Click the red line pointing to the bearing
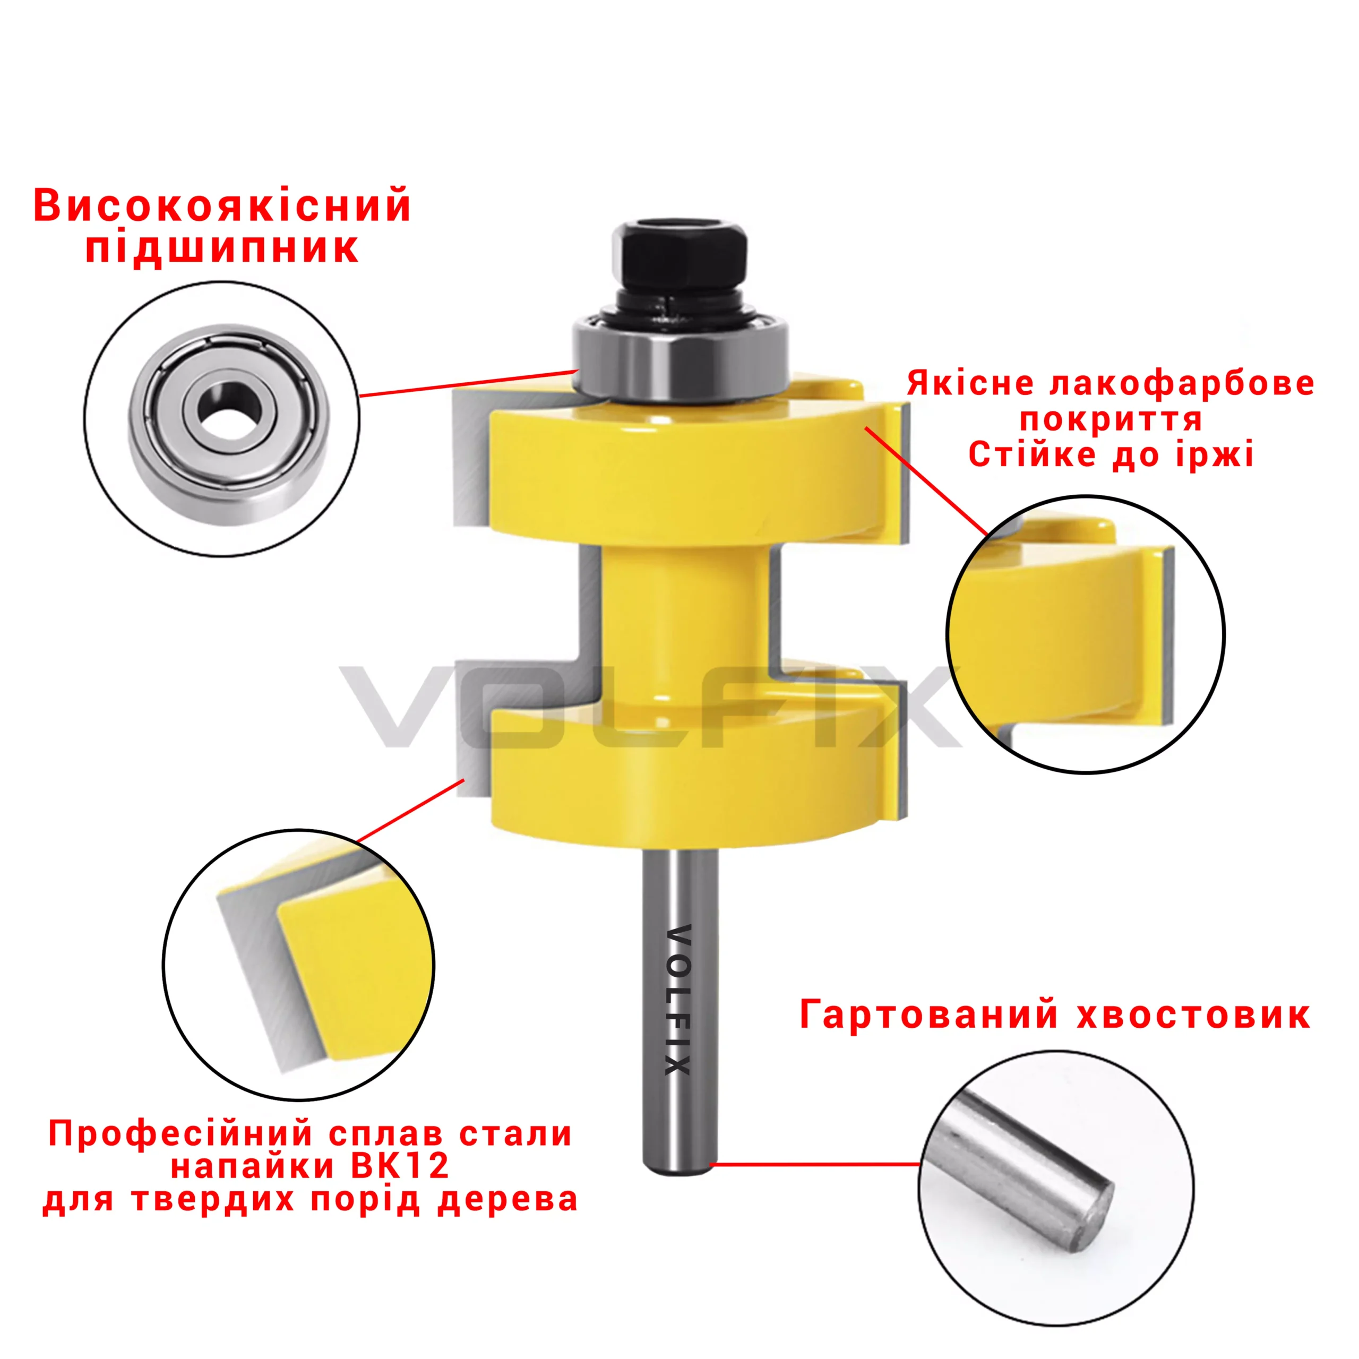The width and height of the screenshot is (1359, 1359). tap(467, 383)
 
